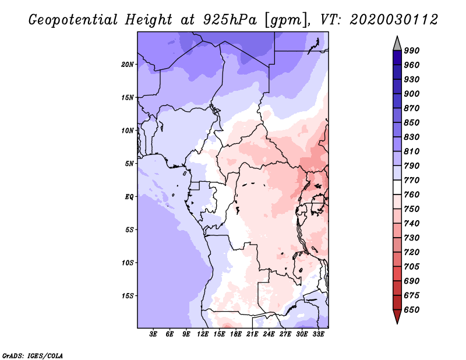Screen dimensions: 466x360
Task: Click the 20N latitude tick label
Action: coord(128,65)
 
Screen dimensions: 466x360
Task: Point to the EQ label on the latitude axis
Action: coord(129,197)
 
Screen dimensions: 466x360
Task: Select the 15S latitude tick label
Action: coord(128,296)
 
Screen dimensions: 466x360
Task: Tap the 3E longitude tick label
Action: coord(153,334)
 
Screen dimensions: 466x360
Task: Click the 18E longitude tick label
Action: coord(236,334)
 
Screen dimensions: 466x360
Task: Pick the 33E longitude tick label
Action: coord(318,334)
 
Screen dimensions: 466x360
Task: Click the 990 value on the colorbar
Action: coord(412,51)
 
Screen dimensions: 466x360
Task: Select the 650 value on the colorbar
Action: coord(412,310)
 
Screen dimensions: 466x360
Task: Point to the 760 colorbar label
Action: coord(412,195)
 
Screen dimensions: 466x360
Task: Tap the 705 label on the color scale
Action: coord(412,267)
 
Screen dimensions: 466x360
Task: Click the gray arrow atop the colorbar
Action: coord(397,44)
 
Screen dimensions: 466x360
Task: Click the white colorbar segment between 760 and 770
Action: coord(397,188)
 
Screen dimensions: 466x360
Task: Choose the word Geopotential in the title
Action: coord(73,20)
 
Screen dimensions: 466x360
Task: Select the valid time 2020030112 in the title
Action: coord(394,20)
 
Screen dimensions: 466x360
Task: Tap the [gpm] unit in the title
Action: coord(286,20)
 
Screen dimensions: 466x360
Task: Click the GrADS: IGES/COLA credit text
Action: coord(33,355)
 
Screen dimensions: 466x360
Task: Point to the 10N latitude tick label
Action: coord(128,130)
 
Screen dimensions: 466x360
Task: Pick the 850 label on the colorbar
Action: coord(412,122)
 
